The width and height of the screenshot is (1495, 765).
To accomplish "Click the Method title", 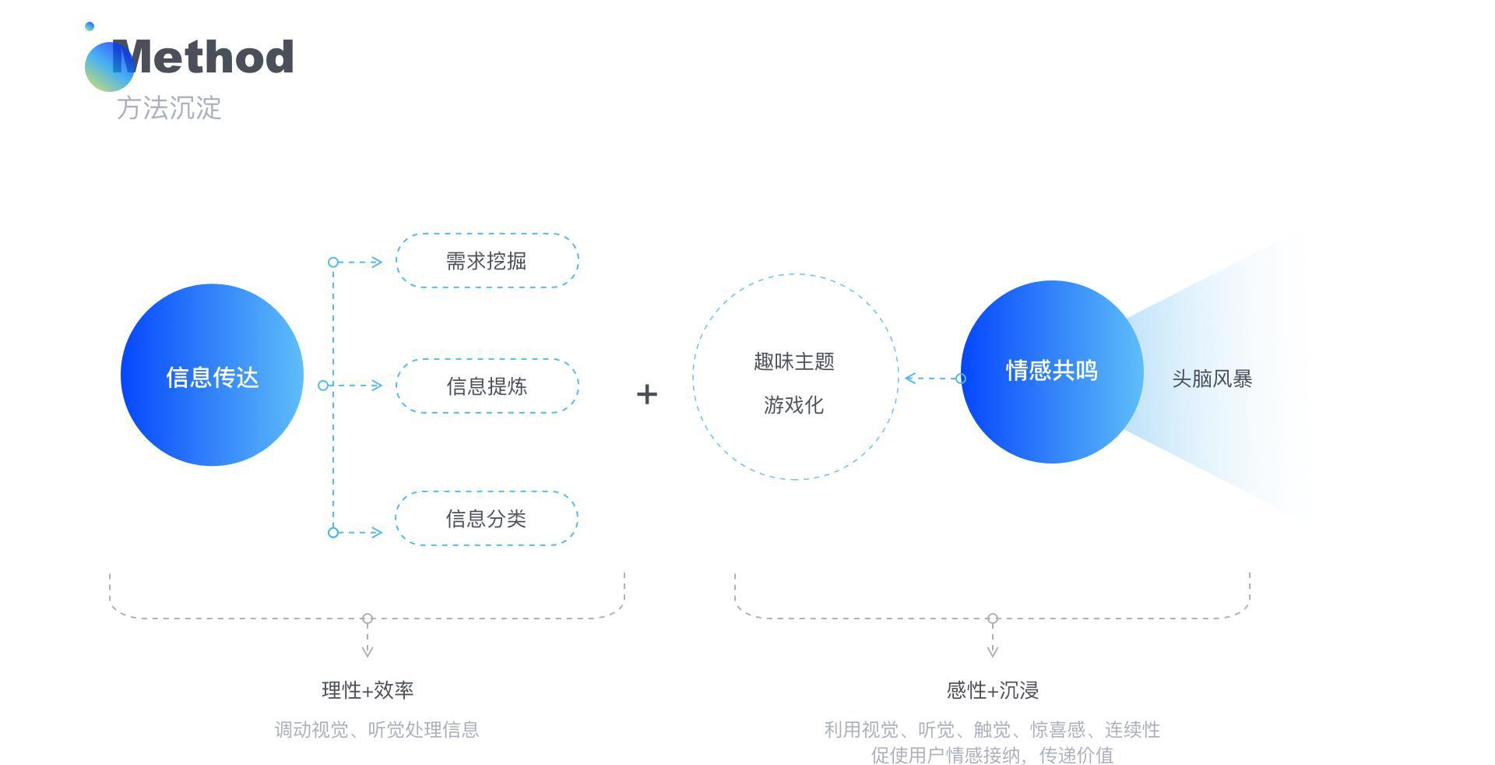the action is pyautogui.click(x=203, y=57).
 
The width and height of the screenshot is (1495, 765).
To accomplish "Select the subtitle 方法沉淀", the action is pyautogui.click(x=169, y=108).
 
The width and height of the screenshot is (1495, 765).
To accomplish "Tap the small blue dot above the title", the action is pyautogui.click(x=90, y=26).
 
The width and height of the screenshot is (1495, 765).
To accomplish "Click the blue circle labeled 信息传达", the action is pyautogui.click(x=212, y=375).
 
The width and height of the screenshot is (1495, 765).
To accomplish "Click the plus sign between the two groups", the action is pyautogui.click(x=647, y=394).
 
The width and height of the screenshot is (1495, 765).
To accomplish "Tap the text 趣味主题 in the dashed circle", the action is pyautogui.click(x=794, y=361).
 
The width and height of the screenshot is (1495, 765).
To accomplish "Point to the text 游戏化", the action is pyautogui.click(x=793, y=405).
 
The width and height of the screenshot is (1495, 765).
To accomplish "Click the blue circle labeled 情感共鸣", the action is pyautogui.click(x=1052, y=372).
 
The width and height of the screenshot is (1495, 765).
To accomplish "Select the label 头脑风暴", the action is pyautogui.click(x=1212, y=379).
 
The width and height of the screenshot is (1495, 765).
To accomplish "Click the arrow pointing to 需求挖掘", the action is pyautogui.click(x=356, y=262).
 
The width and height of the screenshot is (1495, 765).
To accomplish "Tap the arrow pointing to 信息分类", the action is pyautogui.click(x=356, y=532).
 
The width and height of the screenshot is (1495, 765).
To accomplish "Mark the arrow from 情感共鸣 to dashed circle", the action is pyautogui.click(x=935, y=379).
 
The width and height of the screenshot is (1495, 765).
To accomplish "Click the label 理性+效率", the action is pyautogui.click(x=368, y=690).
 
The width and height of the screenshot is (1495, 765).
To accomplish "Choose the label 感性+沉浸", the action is pyautogui.click(x=993, y=690).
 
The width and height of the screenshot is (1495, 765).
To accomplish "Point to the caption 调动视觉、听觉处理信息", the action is pyautogui.click(x=377, y=730).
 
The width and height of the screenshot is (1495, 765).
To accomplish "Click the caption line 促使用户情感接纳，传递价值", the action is pyautogui.click(x=992, y=755).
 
